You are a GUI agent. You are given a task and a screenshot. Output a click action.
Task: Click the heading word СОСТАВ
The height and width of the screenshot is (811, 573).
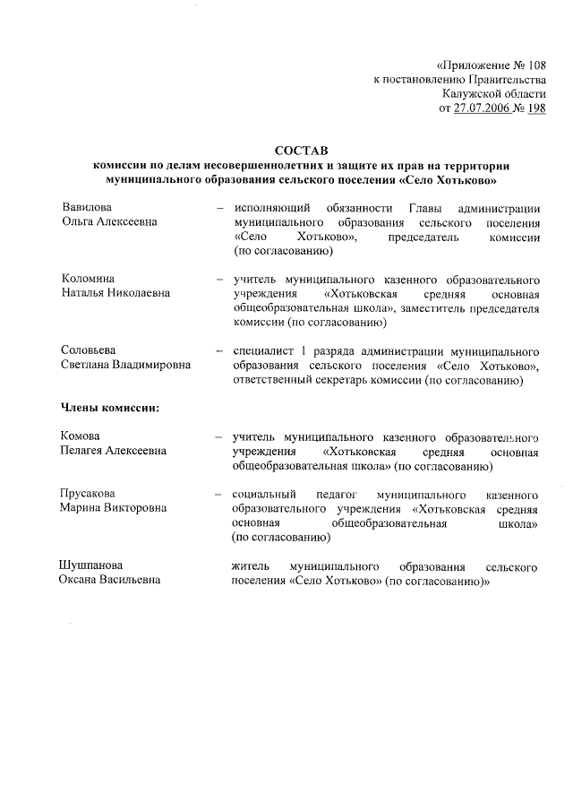click(x=303, y=152)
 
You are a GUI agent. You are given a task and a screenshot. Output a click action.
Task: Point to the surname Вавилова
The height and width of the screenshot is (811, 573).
click(x=87, y=207)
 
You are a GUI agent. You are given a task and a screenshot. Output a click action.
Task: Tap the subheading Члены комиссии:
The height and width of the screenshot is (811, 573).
click(x=110, y=408)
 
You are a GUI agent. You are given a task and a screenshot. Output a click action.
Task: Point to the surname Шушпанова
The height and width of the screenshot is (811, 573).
click(x=92, y=566)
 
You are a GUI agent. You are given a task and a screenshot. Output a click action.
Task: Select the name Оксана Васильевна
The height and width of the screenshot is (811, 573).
click(x=110, y=581)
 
